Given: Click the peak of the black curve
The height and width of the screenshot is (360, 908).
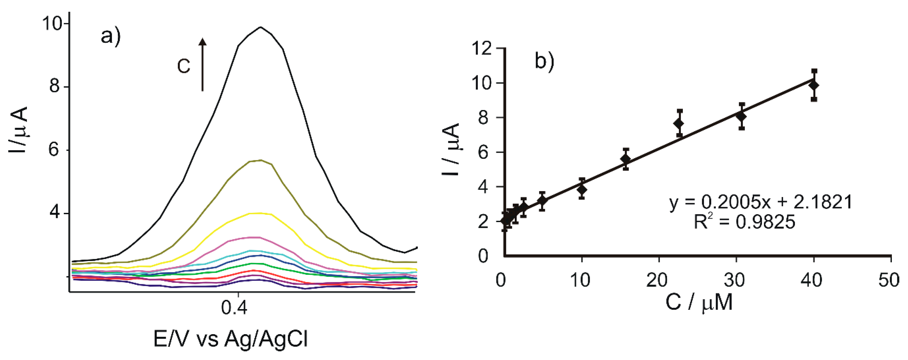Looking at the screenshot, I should [x=260, y=27].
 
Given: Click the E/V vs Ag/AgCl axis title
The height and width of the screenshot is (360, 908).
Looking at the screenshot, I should [x=231, y=339].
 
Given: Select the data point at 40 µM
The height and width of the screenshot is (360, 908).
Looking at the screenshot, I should [x=814, y=85].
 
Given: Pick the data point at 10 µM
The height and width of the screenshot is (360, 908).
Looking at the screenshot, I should [x=582, y=190].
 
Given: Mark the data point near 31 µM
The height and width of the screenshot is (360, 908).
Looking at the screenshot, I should [x=742, y=116].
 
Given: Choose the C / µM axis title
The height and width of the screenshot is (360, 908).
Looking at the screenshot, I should [x=699, y=302].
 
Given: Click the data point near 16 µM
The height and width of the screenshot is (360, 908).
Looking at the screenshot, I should [x=626, y=159].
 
